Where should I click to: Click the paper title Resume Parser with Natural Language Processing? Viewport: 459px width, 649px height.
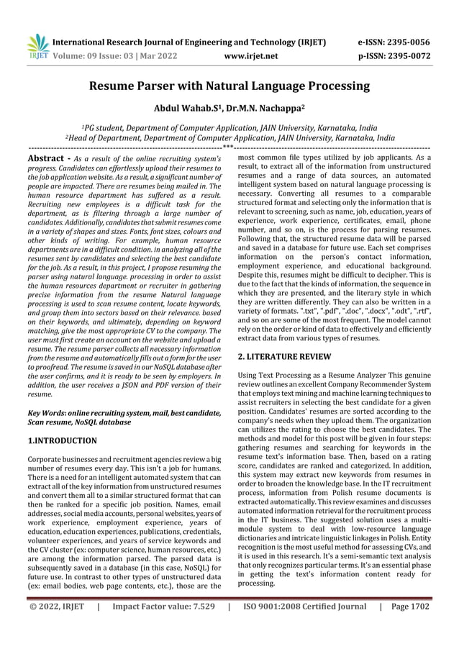(x=229, y=87)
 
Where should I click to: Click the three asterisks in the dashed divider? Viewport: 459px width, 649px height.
(x=228, y=147)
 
